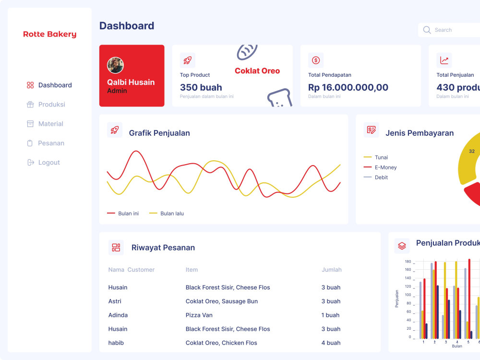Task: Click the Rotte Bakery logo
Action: coord(49,34)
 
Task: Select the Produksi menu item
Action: coord(46,104)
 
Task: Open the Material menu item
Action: coord(45,124)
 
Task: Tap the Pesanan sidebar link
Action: coord(46,143)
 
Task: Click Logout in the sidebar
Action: coord(43,162)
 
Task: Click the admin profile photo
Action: coord(115,65)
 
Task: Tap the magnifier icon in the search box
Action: coord(427,30)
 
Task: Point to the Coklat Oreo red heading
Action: coord(257,71)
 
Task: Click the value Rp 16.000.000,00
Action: coord(348,87)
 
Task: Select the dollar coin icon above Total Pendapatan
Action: coord(316,60)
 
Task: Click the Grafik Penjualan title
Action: coord(159,133)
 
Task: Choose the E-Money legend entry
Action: coord(380,168)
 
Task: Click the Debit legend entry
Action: coord(376,177)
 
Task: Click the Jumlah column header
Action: coord(332,270)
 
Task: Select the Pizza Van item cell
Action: coord(199,315)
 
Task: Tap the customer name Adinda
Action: coord(118,315)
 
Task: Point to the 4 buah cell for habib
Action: coord(331,343)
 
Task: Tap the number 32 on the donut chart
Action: coord(472,151)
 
